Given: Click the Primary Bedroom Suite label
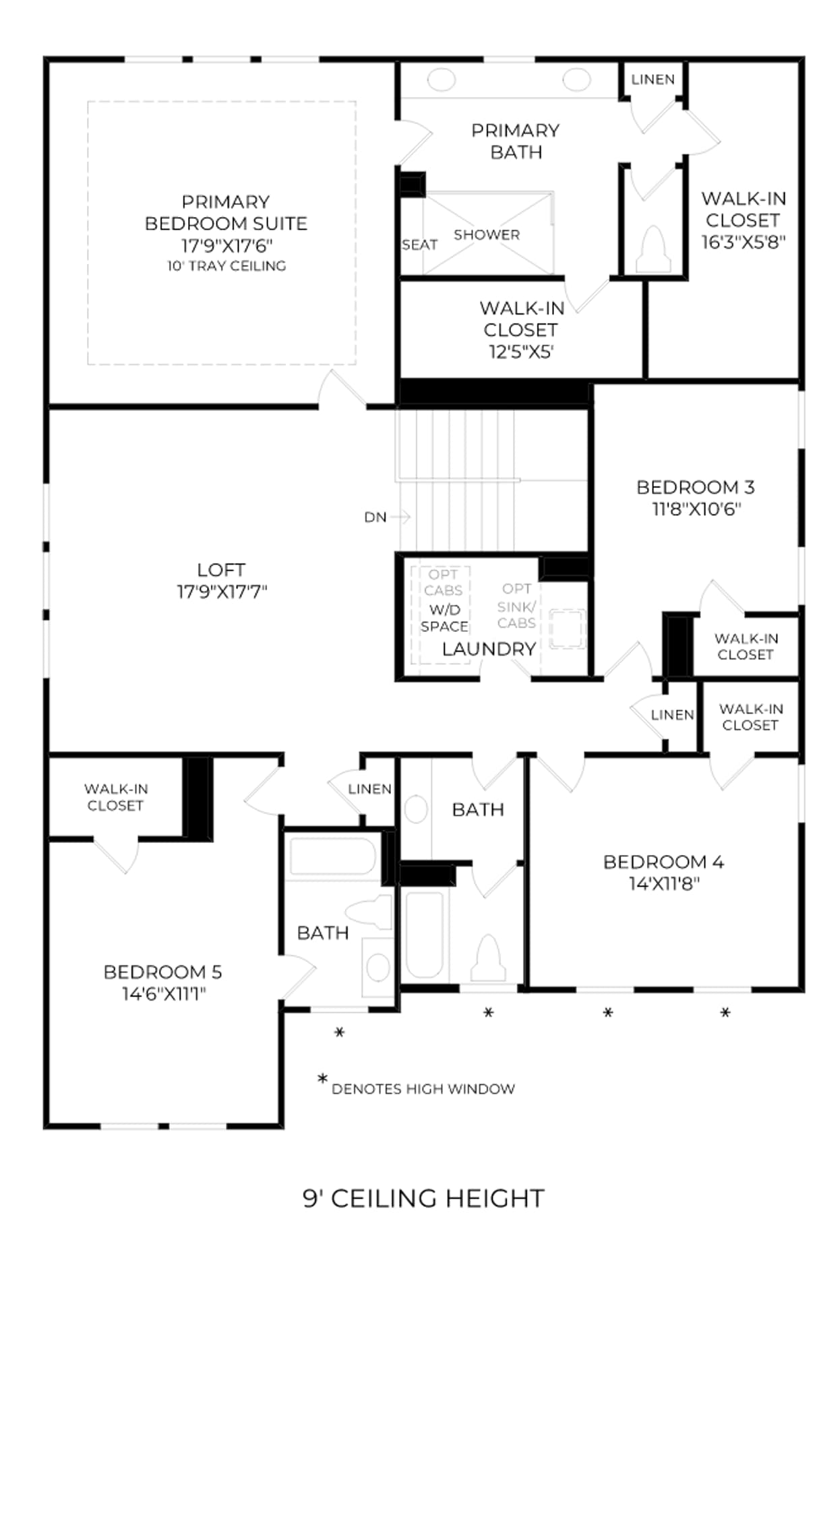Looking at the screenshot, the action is [x=226, y=212].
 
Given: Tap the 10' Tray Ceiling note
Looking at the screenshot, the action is [x=226, y=266].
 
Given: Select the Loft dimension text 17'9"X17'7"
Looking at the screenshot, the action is [x=222, y=592].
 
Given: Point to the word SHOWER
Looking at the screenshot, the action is [x=487, y=234].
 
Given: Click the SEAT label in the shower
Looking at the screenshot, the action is [x=419, y=245].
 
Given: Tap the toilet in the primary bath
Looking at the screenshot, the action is [x=654, y=249].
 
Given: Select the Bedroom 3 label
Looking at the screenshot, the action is [x=696, y=487].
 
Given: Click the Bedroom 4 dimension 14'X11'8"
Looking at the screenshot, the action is [x=664, y=883].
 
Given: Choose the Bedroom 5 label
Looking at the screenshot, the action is [x=162, y=972].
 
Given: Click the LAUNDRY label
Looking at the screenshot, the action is [x=489, y=649].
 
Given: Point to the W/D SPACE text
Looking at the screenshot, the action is [x=444, y=618].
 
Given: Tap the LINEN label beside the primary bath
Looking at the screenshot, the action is [x=652, y=80].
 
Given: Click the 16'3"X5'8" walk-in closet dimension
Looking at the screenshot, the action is [x=743, y=242].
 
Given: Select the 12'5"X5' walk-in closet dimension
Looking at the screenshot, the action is [x=521, y=351].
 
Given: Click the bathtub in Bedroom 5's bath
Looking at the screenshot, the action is [x=332, y=856].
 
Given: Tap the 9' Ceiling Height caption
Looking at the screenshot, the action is [x=423, y=1199].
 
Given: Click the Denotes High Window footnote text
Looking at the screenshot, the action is [x=423, y=1089].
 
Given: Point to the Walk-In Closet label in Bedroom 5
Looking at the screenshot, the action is [x=116, y=797].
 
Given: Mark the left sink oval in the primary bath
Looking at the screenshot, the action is [x=441, y=80].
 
